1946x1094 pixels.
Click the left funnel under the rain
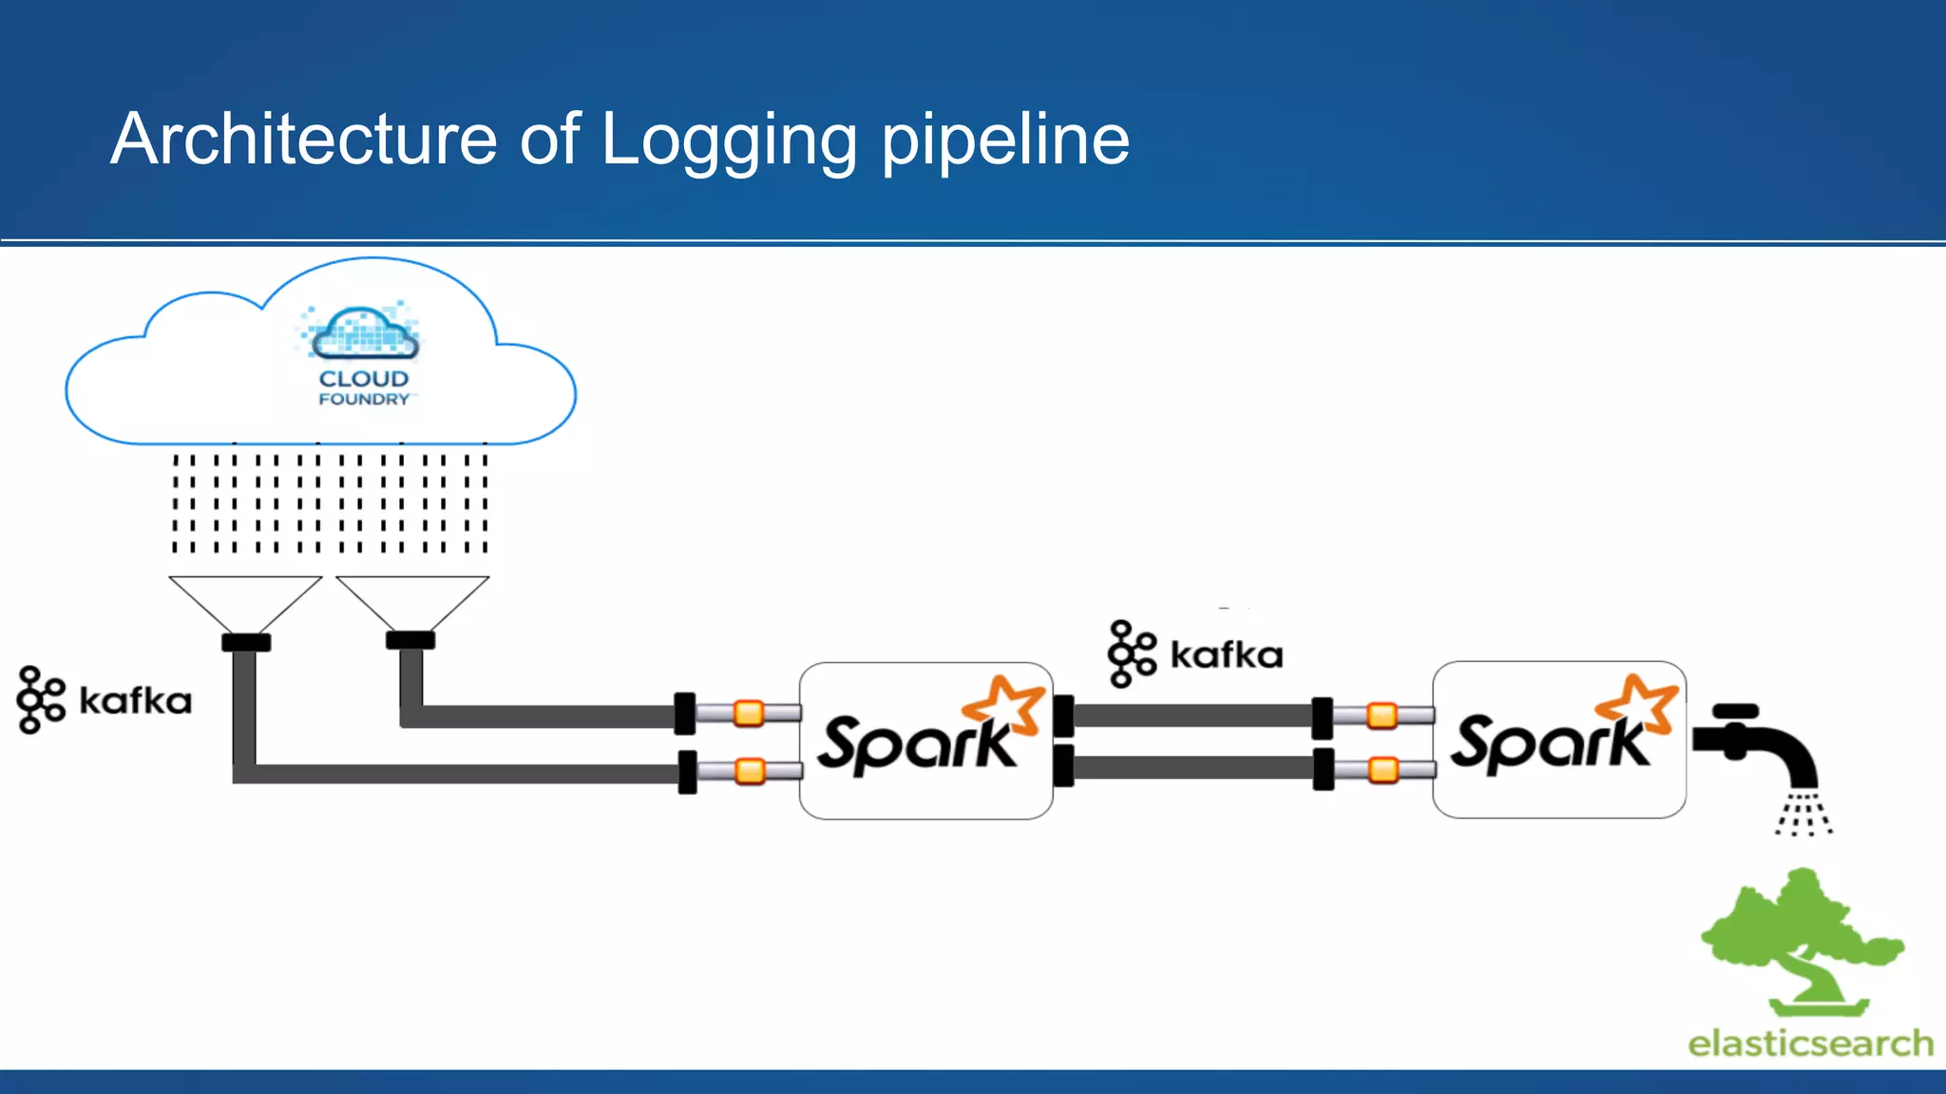pos(245,603)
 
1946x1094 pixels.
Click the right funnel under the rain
pos(411,601)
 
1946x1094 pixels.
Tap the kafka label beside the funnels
pos(135,701)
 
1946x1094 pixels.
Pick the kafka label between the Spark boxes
pos(1226,655)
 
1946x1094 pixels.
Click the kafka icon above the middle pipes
pos(1132,653)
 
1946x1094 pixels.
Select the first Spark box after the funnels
pos(925,741)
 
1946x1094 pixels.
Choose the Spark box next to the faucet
pos(1558,739)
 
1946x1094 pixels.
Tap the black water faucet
pos(1758,745)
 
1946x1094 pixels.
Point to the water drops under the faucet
pos(1803,815)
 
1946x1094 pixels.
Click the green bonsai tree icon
pos(1801,940)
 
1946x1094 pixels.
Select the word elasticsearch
pos(1809,1043)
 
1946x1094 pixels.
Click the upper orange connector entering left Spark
pos(749,712)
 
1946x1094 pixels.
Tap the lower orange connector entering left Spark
pos(751,770)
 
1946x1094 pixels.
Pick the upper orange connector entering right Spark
pos(1382,714)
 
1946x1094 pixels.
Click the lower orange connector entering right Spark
pos(1383,768)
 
